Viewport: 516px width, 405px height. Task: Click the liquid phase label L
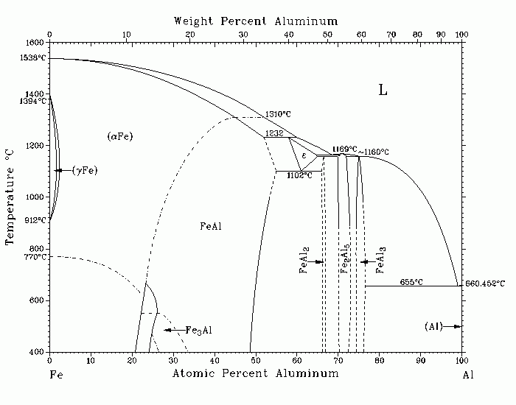(x=383, y=90)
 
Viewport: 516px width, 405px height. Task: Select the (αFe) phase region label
(x=120, y=136)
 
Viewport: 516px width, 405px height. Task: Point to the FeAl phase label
(x=211, y=226)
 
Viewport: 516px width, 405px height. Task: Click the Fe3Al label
(x=198, y=330)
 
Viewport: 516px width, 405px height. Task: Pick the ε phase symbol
(x=304, y=155)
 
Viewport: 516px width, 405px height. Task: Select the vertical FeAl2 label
(x=304, y=261)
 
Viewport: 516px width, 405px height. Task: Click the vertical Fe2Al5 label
(x=344, y=258)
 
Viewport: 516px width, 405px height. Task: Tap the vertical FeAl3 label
(x=380, y=260)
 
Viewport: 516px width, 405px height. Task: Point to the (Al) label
(x=433, y=326)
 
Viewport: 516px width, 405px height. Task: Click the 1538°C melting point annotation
(x=33, y=58)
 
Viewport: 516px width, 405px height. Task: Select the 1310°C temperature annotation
(x=278, y=114)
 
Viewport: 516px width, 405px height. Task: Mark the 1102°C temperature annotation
(x=299, y=175)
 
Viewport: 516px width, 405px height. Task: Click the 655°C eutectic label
(x=411, y=282)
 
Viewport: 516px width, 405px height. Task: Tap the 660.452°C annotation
(x=485, y=283)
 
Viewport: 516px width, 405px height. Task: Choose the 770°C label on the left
(x=35, y=257)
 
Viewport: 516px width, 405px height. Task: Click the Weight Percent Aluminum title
(x=256, y=21)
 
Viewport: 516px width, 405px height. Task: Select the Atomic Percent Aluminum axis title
(x=255, y=373)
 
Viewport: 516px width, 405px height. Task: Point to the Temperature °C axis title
(x=10, y=197)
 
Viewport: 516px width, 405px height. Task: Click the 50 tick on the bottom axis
(x=255, y=361)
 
